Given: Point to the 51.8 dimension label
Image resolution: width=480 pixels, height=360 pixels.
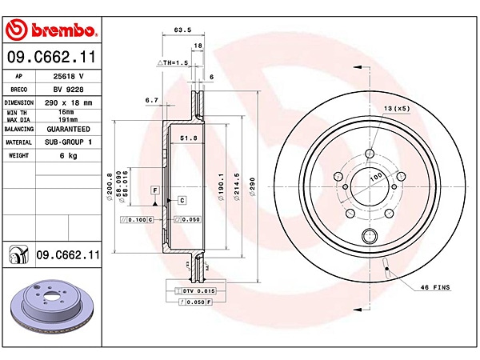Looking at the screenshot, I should point(189,138).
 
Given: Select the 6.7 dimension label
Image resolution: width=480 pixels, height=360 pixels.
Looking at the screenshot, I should point(152,101).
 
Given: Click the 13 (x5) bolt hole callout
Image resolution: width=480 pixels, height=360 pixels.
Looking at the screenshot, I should point(396,108).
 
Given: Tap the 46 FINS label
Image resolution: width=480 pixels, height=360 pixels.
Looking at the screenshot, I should point(437,286).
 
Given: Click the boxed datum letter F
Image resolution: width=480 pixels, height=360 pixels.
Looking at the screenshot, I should point(155,189).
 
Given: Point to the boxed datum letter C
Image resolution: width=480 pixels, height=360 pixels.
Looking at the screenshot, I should point(182,199).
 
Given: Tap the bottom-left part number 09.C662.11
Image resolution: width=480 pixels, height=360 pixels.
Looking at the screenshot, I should point(67,254).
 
